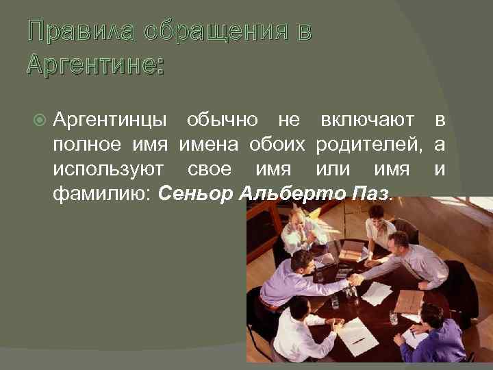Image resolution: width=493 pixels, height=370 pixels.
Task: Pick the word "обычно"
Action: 222,121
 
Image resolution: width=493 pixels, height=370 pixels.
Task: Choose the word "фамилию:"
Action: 101,193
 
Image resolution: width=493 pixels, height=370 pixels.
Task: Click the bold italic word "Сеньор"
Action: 197,193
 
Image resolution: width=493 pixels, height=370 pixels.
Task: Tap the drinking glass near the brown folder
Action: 393,317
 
